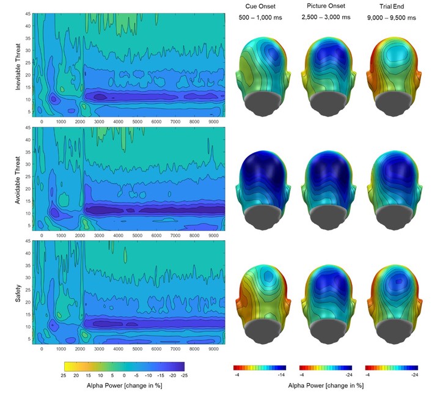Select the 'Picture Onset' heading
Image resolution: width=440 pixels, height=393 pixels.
326,7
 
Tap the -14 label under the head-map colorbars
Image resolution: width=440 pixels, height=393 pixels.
282,375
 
